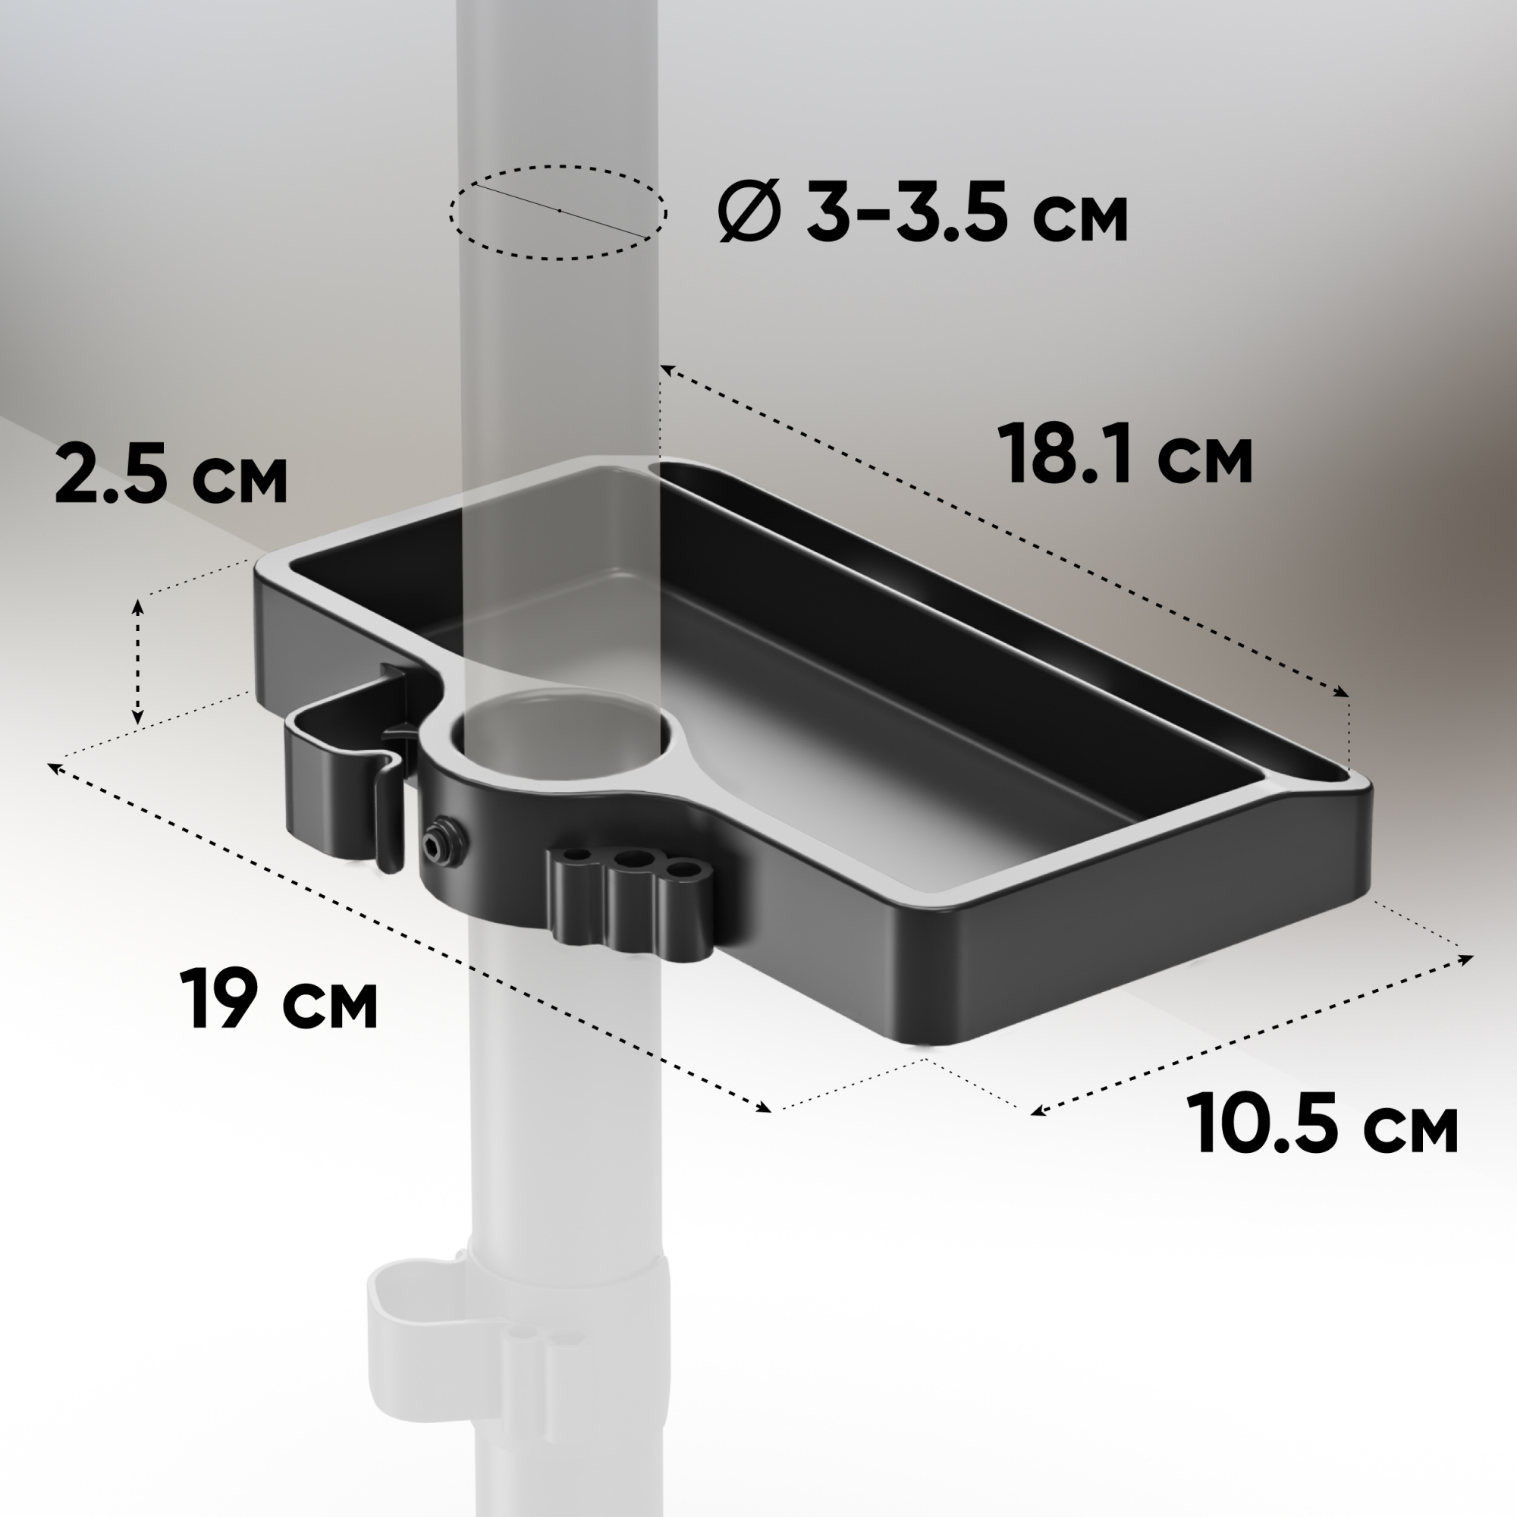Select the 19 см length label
(x=278, y=998)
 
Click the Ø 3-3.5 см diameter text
(x=923, y=210)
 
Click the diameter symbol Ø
(x=749, y=210)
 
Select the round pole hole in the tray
(x=561, y=734)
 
